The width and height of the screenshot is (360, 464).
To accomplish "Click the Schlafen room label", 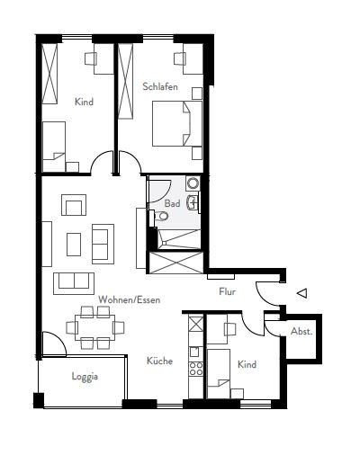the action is point(160,86).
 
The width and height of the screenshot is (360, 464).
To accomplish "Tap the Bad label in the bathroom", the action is point(173,203).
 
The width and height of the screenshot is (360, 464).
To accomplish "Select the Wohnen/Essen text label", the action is point(130,299).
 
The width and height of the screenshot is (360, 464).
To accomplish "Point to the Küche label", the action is point(159,361).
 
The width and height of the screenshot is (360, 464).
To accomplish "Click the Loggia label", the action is point(85,377).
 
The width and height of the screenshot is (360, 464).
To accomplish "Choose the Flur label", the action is point(227,291).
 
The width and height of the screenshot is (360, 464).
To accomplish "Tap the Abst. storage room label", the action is point(301,332).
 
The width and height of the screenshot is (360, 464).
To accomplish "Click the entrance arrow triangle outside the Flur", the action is point(302,293).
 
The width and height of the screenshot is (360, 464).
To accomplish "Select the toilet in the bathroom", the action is point(160,216).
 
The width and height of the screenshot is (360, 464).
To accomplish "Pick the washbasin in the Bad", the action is point(193,202).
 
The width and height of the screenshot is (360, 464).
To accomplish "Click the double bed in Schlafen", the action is point(177,123).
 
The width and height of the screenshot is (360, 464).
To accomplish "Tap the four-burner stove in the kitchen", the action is point(196,369).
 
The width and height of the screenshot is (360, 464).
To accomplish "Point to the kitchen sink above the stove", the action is point(194,352).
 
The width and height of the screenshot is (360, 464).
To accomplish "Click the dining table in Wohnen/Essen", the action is point(94,327).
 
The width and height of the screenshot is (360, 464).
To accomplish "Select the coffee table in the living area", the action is point(74,245).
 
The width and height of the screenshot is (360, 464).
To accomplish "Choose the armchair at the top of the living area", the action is point(74,205).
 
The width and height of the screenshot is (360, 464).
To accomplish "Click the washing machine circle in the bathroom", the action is point(193,183).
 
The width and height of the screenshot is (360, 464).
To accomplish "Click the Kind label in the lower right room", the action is point(247,364).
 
